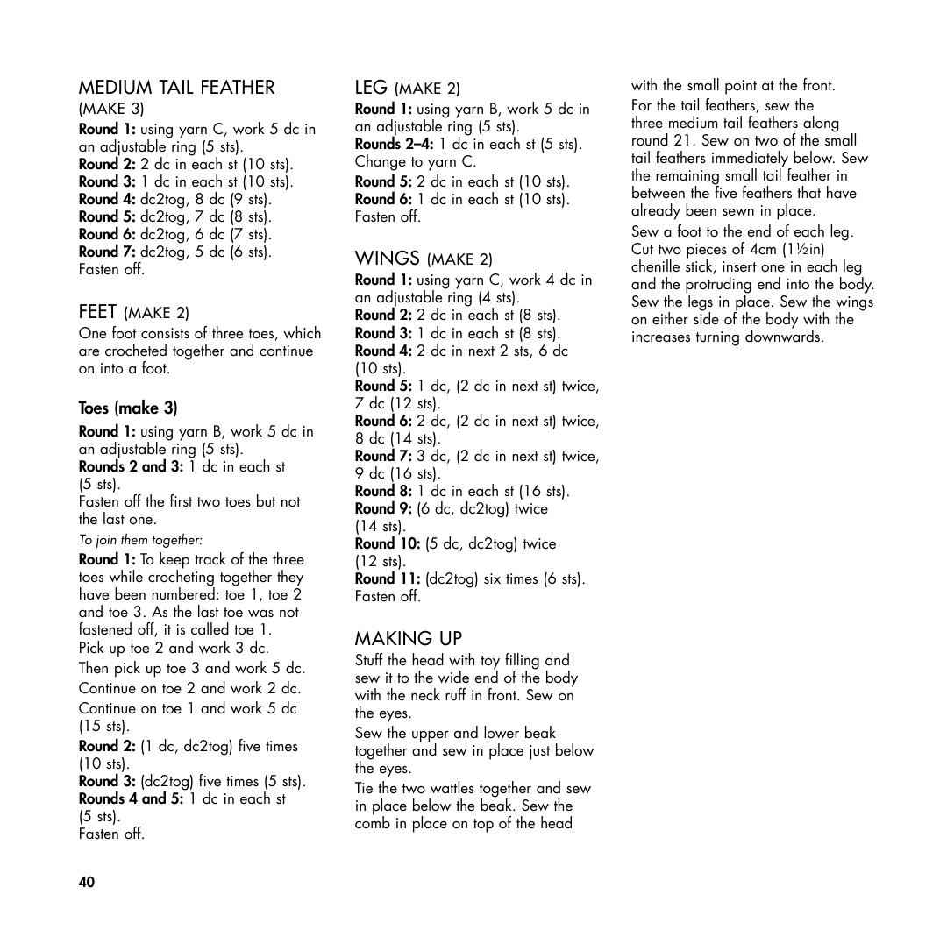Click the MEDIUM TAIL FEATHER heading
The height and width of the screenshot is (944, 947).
coord(176,88)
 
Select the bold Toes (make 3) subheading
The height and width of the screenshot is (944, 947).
coord(128,408)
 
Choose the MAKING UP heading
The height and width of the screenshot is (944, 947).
coord(408,638)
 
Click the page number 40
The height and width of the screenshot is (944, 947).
coord(86,882)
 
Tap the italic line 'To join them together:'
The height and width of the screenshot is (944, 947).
coord(140,540)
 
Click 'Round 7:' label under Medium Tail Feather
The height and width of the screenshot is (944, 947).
coord(107,252)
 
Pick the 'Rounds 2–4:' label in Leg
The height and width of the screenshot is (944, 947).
coord(395,144)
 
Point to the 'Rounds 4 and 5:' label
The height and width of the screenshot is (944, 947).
coord(132,798)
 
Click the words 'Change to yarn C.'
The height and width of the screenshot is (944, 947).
coord(416,161)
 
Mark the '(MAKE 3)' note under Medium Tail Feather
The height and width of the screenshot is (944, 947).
coord(111,109)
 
